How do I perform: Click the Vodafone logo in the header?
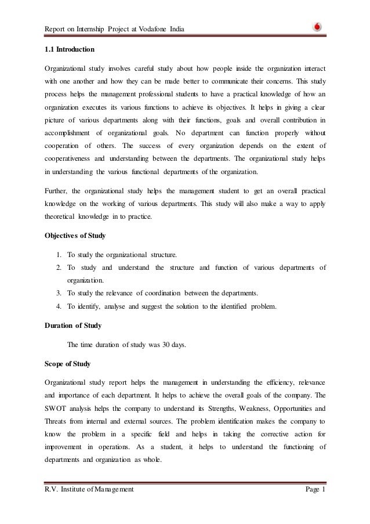pyautogui.click(x=317, y=26)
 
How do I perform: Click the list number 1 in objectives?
pyautogui.click(x=60, y=254)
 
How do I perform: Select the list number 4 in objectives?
pyautogui.click(x=60, y=303)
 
